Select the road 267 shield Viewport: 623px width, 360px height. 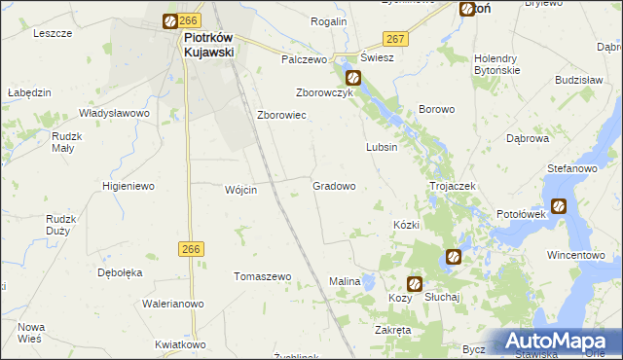pyautogui.click(x=394, y=37)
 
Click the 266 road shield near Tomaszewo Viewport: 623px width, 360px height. pyautogui.click(x=190, y=249)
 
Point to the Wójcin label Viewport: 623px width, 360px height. pyautogui.click(x=240, y=190)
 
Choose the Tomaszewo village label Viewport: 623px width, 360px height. pyautogui.click(x=263, y=276)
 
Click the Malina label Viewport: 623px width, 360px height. pyautogui.click(x=345, y=281)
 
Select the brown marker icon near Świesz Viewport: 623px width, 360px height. pyautogui.click(x=353, y=77)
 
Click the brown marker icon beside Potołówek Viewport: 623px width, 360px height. pyautogui.click(x=559, y=205)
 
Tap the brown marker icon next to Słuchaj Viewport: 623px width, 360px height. pyautogui.click(x=415, y=284)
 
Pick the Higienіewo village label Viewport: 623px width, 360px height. pyautogui.click(x=128, y=185)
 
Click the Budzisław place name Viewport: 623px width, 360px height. pyautogui.click(x=580, y=80)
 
